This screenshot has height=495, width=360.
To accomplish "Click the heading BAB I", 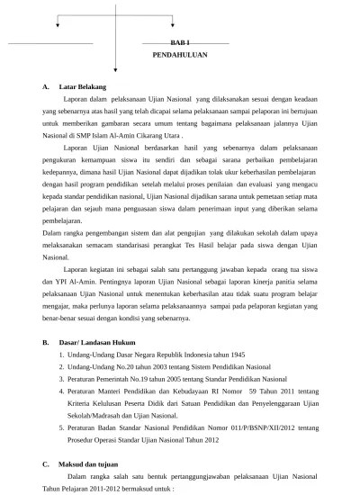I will [x=180, y=42].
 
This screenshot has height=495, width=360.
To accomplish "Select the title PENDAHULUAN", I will [x=180, y=55].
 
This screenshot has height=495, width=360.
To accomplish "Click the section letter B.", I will [x=46, y=343].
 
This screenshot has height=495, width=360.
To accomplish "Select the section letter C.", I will [x=46, y=464].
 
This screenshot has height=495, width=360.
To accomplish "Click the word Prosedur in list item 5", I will [x=85, y=440].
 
